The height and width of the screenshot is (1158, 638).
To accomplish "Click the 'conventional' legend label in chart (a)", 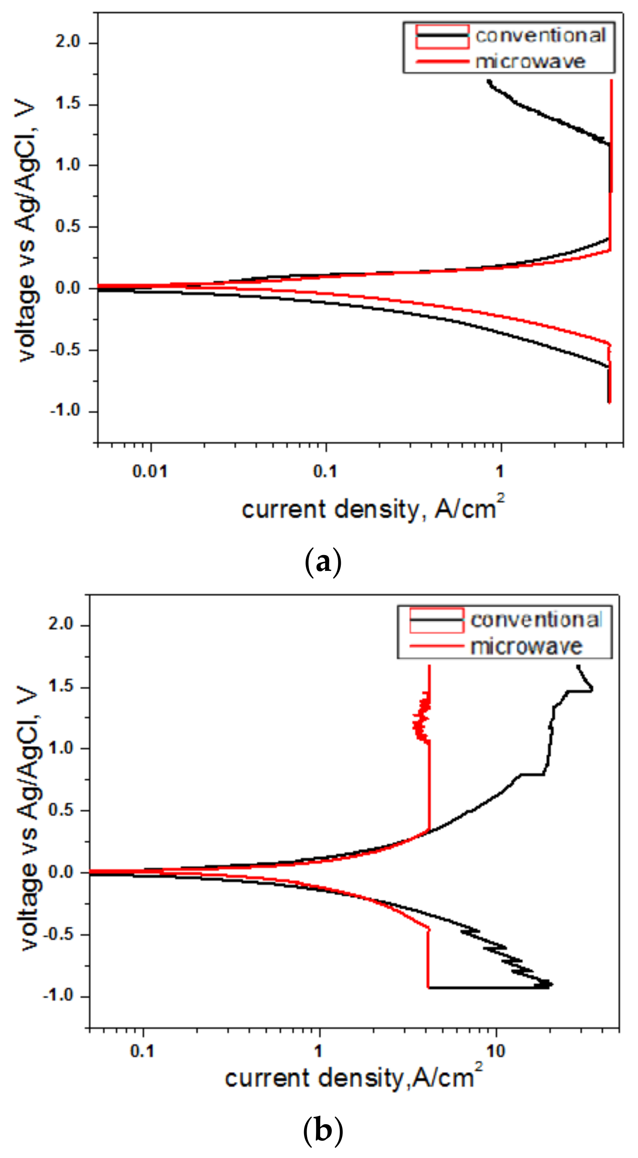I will point(541,35).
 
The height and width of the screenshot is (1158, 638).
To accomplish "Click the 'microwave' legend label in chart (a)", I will point(530,61).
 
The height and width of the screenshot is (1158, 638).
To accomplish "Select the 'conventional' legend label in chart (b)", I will point(536,620).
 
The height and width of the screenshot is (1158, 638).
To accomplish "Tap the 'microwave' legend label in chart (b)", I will point(526,647).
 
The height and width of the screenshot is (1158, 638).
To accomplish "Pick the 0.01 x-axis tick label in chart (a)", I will point(149,472).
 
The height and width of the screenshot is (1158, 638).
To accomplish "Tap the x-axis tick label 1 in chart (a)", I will point(500,472).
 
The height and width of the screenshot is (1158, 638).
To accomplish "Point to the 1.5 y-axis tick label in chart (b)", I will point(61,686).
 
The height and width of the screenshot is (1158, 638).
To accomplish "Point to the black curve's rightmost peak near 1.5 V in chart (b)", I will point(592,688).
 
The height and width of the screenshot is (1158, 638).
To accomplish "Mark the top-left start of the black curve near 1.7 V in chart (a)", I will point(489,81).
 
